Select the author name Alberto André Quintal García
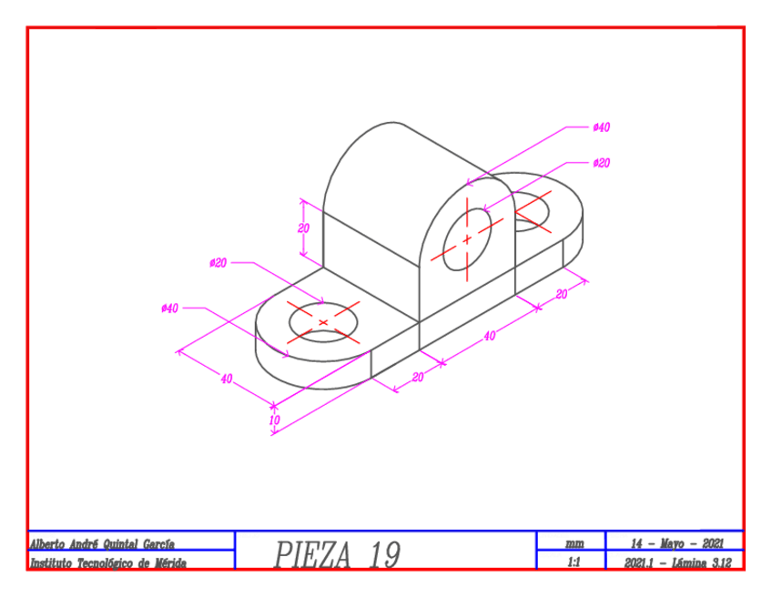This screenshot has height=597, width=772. [102, 543]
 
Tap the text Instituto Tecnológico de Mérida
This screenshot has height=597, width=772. [108, 563]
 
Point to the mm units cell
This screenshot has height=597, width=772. [574, 543]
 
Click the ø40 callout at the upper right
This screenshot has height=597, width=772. [601, 127]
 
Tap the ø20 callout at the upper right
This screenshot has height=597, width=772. [601, 163]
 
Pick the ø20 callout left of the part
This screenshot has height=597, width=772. [218, 263]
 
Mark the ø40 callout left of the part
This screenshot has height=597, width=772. [169, 309]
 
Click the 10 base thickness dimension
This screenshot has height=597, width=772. [274, 420]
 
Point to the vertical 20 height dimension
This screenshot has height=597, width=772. [304, 228]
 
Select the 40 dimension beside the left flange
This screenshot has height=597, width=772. [226, 379]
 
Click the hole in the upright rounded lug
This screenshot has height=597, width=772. [467, 239]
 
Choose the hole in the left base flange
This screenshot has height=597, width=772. [324, 322]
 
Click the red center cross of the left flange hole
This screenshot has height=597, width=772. [324, 322]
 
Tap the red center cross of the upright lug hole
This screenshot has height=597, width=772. [467, 239]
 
